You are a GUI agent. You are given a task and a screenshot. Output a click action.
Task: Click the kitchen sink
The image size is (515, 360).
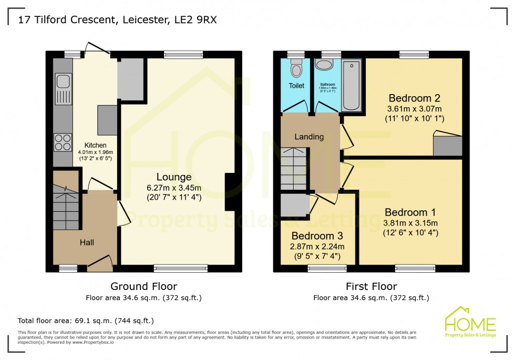[x=63, y=83]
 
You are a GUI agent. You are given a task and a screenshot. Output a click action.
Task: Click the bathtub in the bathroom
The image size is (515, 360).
[x=352, y=86]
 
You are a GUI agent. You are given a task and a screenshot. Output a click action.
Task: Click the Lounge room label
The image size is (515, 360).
[x=173, y=177]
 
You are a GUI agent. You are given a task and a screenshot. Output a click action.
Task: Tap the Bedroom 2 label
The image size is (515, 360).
[x=414, y=98]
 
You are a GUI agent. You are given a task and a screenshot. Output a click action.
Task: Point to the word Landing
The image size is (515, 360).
[x=309, y=137]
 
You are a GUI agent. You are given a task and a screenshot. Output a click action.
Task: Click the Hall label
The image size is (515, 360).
[x=87, y=242]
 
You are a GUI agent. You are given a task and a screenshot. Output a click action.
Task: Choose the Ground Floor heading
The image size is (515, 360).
[x=143, y=286]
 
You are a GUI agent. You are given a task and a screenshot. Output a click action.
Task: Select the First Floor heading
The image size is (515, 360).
[x=371, y=286]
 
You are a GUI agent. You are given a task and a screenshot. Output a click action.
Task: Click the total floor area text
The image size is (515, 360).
[x=86, y=320]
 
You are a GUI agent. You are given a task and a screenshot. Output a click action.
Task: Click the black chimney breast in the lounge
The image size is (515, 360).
[x=230, y=192]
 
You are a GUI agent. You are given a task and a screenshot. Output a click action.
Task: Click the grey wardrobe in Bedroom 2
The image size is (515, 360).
[x=447, y=146]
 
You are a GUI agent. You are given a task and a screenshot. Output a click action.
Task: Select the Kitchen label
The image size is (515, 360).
[x=96, y=146]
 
